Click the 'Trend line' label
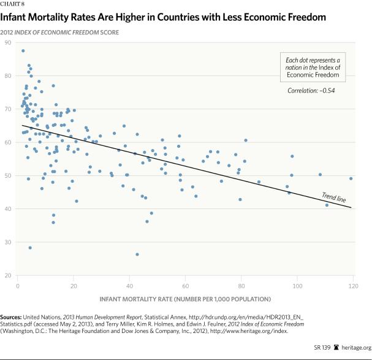(335, 197)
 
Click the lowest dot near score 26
(137, 255)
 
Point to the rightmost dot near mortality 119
(351, 178)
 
